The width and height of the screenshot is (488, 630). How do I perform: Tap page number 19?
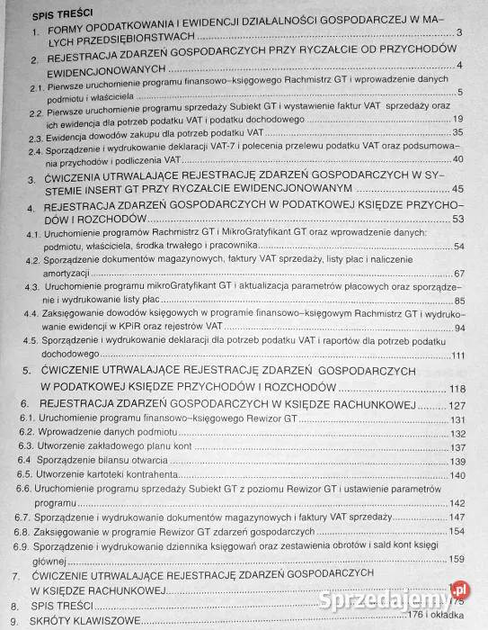click(457, 119)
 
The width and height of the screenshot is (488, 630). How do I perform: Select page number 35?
click(457, 132)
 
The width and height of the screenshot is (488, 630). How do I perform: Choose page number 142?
click(457, 502)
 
